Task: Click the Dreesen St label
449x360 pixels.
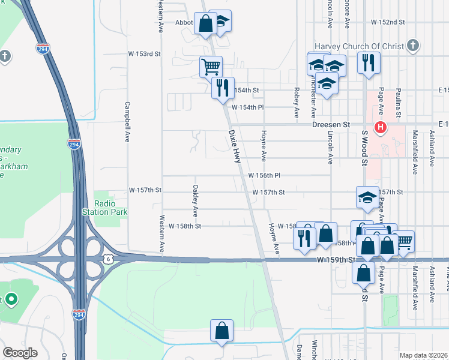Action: coord(331,125)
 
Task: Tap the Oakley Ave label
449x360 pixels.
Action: coord(195,200)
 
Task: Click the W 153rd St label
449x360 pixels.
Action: coord(146,54)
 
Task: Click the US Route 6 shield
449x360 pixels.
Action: coord(107,258)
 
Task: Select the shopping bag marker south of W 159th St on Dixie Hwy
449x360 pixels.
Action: coord(221,330)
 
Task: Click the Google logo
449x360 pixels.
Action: coord(20,353)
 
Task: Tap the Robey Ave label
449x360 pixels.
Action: coord(297,102)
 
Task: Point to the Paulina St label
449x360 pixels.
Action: coord(398,105)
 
